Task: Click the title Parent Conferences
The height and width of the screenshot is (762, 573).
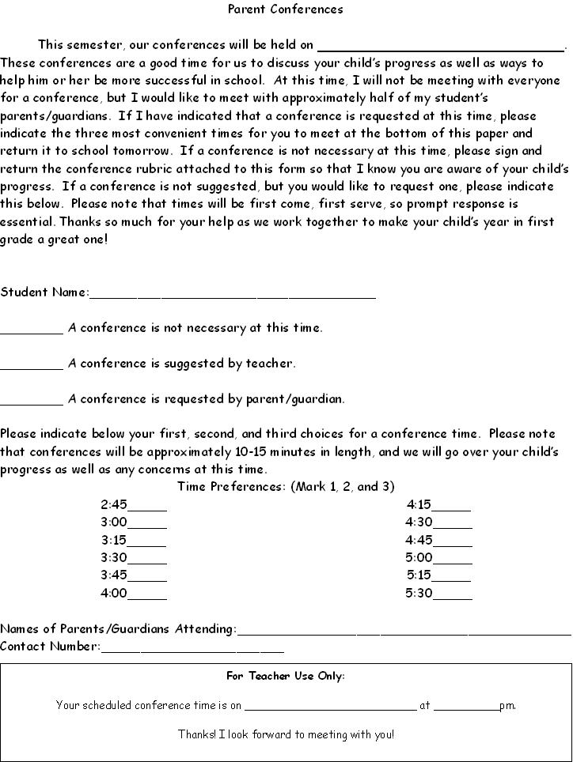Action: pyautogui.click(x=286, y=9)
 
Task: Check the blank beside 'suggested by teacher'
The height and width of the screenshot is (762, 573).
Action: pyautogui.click(x=32, y=368)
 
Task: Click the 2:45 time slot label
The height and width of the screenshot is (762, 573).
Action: pyautogui.click(x=113, y=504)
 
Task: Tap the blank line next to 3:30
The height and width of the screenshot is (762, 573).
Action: pyautogui.click(x=147, y=561)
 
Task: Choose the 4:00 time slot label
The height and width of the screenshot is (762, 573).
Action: pyautogui.click(x=113, y=593)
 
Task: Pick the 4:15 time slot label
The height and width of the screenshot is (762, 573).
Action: pyautogui.click(x=419, y=504)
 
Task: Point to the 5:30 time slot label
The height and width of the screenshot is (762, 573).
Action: pyautogui.click(x=419, y=593)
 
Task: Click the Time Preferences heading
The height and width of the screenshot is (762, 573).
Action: pyautogui.click(x=286, y=486)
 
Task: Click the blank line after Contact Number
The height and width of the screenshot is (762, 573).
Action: pyautogui.click(x=192, y=650)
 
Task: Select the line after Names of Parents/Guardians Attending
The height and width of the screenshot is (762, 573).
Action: pyautogui.click(x=404, y=632)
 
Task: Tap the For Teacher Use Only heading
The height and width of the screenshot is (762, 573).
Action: pyautogui.click(x=286, y=676)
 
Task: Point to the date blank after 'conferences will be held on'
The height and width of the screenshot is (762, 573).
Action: pyautogui.click(x=441, y=48)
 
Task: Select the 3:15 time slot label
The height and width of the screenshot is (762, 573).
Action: pyautogui.click(x=113, y=540)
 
